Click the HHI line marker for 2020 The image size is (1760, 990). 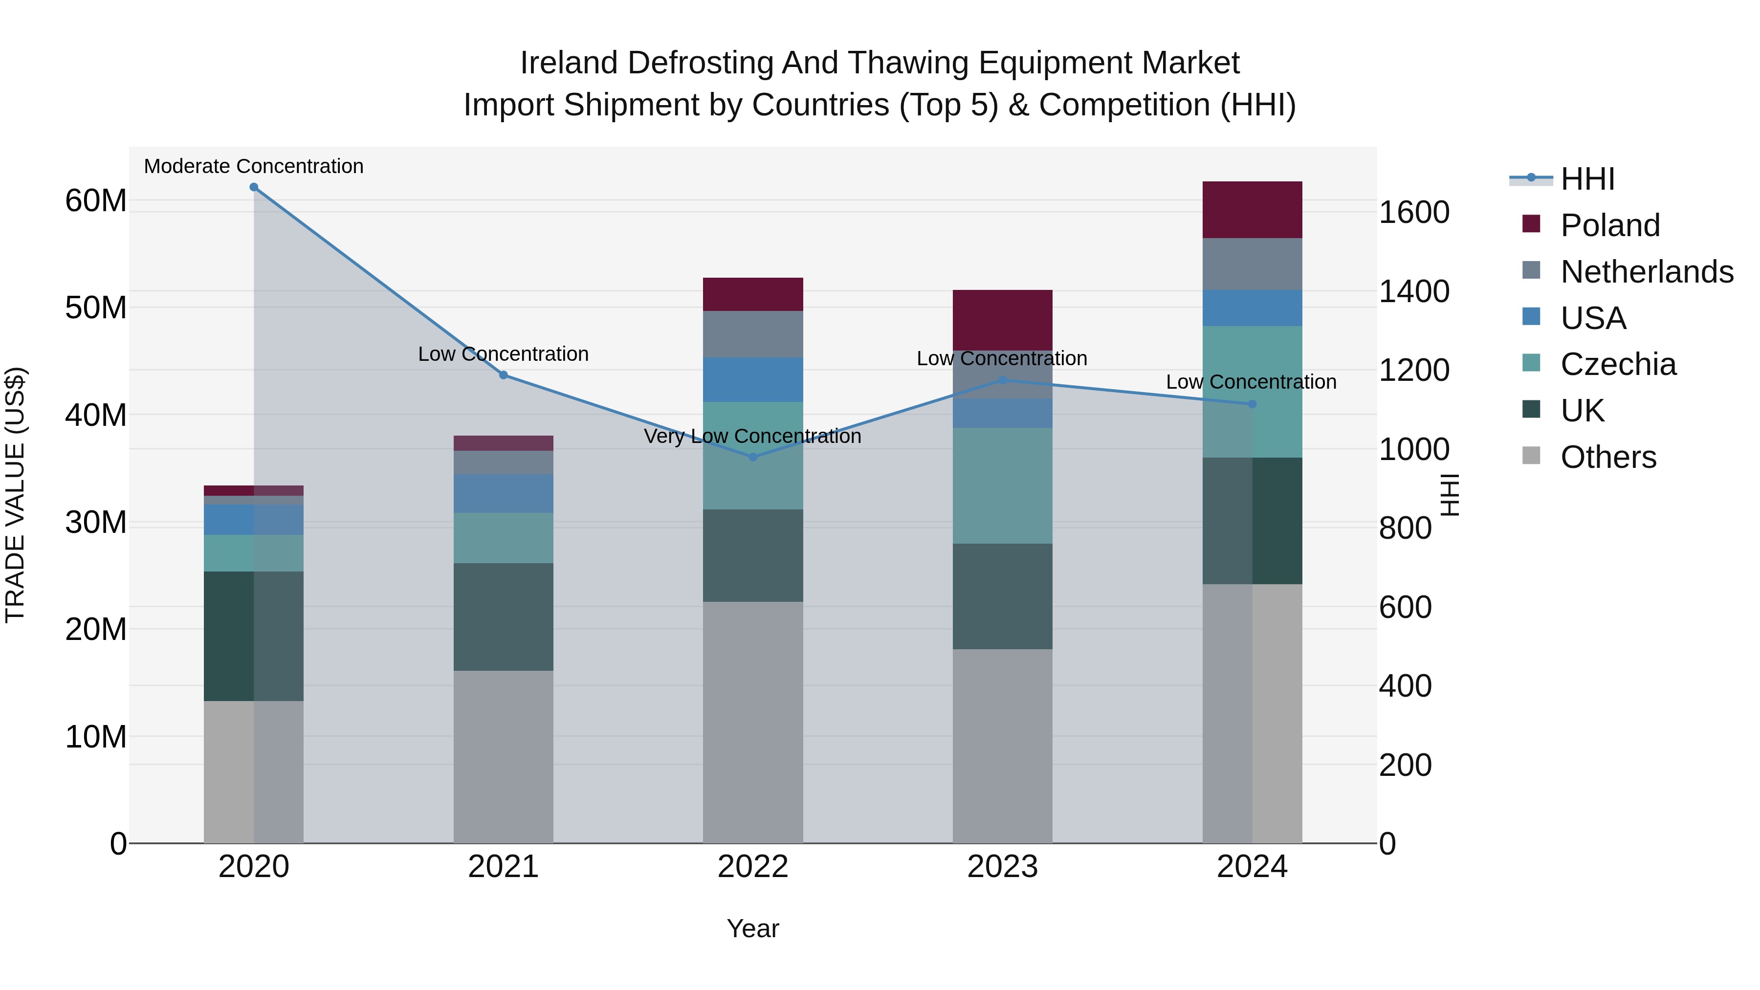coord(253,187)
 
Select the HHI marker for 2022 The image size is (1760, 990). coord(753,457)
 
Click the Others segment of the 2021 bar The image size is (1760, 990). coord(503,756)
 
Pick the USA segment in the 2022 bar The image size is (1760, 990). coord(753,379)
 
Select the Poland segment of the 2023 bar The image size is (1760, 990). coord(1002,320)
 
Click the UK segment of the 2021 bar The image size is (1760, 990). coord(503,616)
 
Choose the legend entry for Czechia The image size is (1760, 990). coord(1618,364)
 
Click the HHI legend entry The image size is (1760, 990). coord(1587,179)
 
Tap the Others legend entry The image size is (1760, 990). coord(1607,457)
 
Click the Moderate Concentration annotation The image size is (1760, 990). coord(253,166)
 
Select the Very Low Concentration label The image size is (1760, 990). coord(752,436)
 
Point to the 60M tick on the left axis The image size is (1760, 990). coord(96,201)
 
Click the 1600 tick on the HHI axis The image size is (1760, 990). coord(1413,213)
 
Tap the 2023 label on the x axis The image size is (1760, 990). coord(1002,867)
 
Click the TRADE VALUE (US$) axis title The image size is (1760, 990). coord(15,495)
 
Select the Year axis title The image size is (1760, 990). coord(752,928)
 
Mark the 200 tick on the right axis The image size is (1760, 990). coord(1405,765)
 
